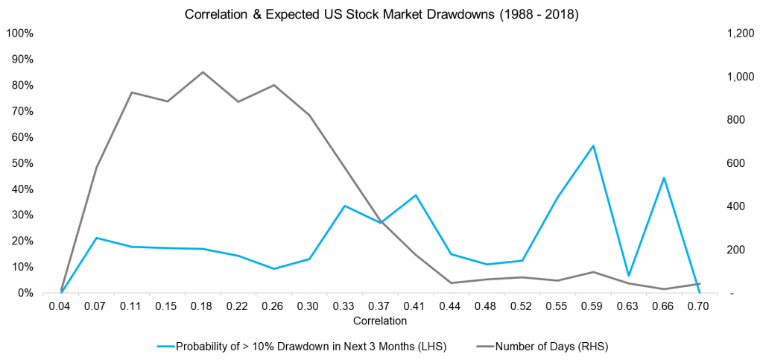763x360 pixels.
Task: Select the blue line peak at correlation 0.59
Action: click(x=593, y=145)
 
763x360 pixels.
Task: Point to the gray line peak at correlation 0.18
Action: click(x=203, y=72)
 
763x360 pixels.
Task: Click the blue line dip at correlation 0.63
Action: click(x=629, y=276)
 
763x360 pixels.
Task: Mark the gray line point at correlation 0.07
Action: click(x=96, y=168)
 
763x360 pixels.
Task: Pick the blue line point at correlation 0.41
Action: click(x=416, y=195)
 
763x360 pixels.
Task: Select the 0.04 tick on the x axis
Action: click(x=61, y=306)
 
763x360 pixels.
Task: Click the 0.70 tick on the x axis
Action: click(x=700, y=306)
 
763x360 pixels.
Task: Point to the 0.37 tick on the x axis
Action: click(x=380, y=306)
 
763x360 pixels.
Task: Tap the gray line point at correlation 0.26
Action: click(x=273, y=85)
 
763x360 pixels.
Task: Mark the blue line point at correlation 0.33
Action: click(x=344, y=206)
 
